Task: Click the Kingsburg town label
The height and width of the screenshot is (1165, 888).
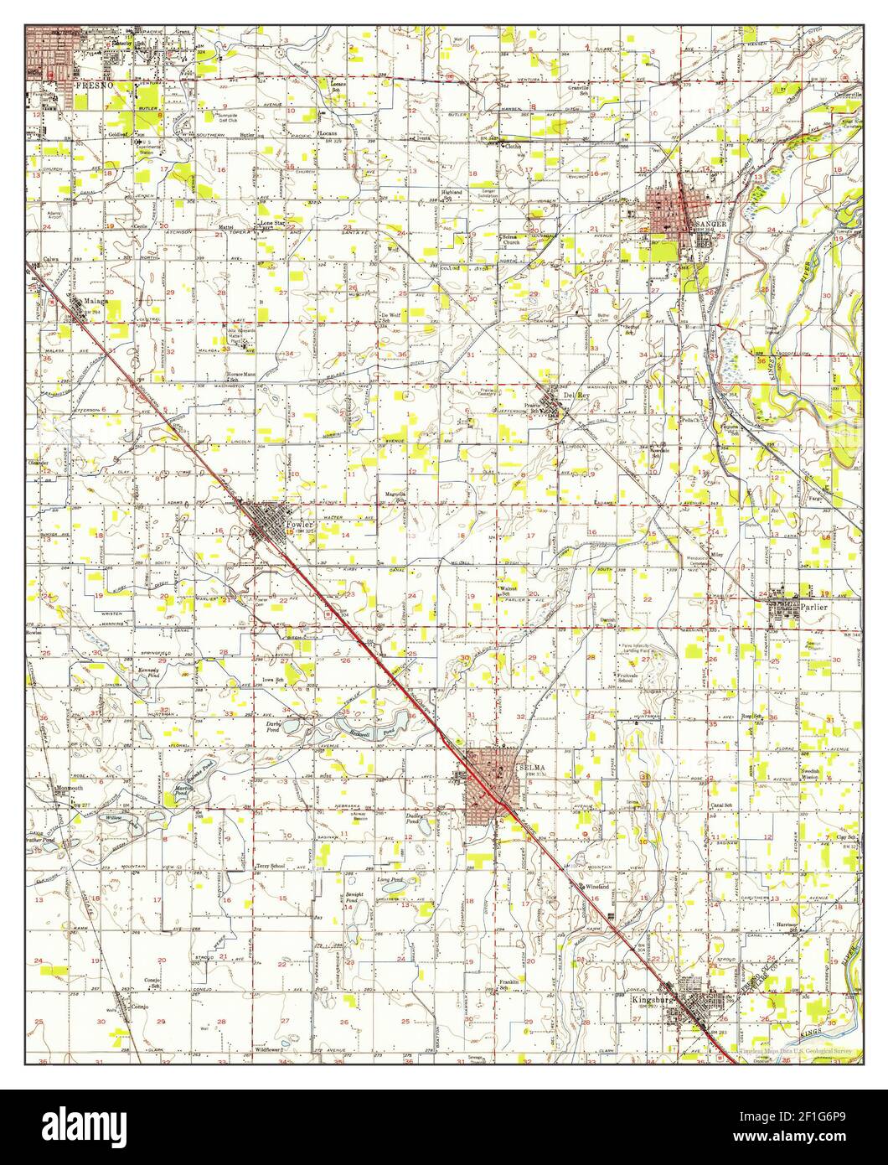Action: [x=653, y=999]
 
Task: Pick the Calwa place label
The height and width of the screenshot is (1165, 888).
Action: [x=54, y=259]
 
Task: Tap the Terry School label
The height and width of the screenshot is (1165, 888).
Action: [x=271, y=865]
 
